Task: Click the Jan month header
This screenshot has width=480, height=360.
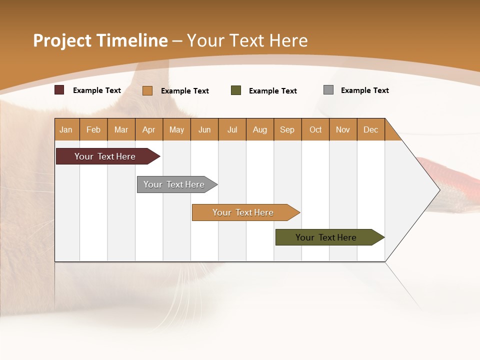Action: pos(66,129)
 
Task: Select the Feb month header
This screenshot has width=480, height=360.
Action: pos(93,129)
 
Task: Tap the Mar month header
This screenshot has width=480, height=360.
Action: pos(121,129)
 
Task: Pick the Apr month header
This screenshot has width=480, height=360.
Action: pos(149,129)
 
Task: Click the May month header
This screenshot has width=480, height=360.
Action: pos(176,129)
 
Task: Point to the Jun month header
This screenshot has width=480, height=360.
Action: pos(204,129)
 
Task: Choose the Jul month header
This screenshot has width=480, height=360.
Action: pos(232,129)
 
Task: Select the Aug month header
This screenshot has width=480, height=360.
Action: pos(260,129)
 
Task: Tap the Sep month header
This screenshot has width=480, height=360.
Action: pos(287,129)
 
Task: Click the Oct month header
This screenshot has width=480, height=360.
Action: pos(315,129)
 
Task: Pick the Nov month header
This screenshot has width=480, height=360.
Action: pos(343,129)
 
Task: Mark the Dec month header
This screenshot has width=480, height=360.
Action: pos(371,129)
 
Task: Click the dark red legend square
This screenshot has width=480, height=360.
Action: pos(59,90)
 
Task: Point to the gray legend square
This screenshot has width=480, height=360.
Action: pos(328,90)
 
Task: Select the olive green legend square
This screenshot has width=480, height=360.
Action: pos(236,90)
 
